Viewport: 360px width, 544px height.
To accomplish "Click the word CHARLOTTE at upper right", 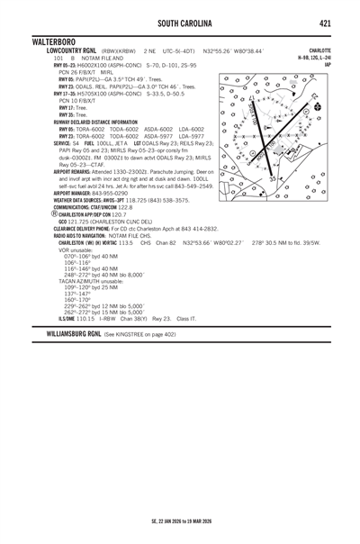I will [x=319, y=50].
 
